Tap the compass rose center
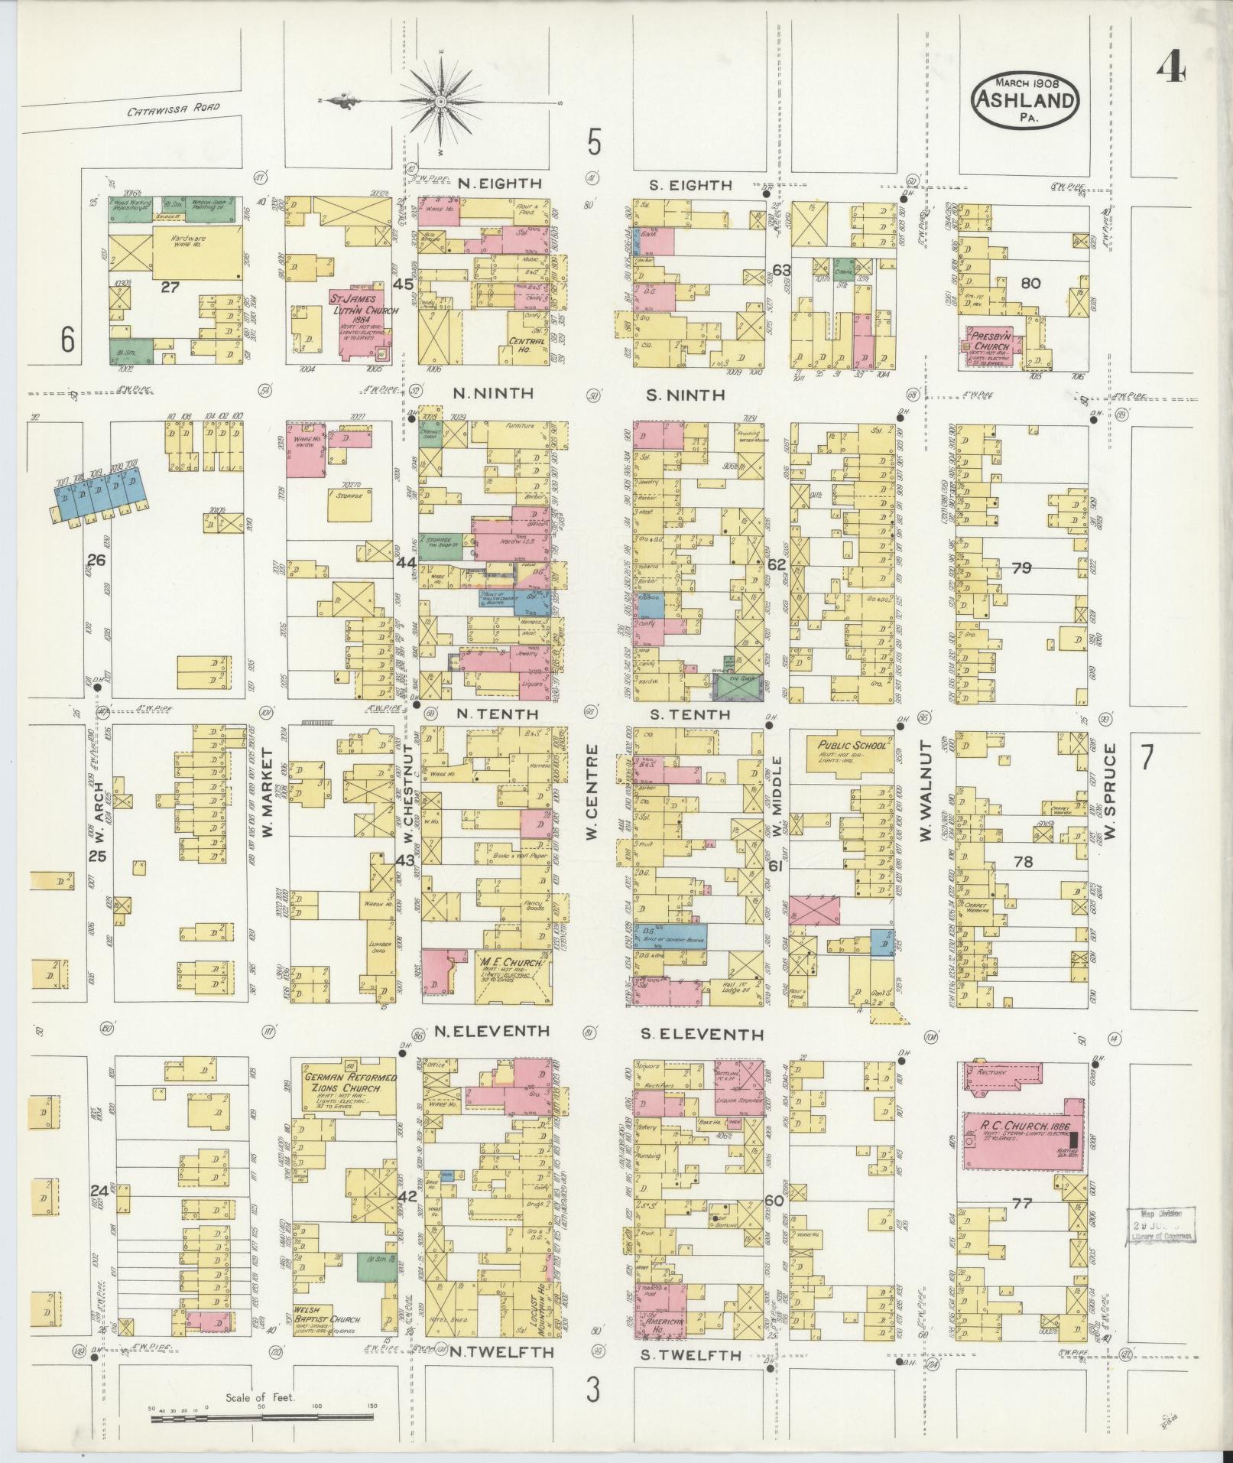[x=441, y=102]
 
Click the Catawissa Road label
[x=174, y=110]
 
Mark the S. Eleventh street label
[x=701, y=1035]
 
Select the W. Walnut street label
[x=925, y=792]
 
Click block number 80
[x=1030, y=283]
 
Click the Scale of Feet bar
[x=261, y=1418]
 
